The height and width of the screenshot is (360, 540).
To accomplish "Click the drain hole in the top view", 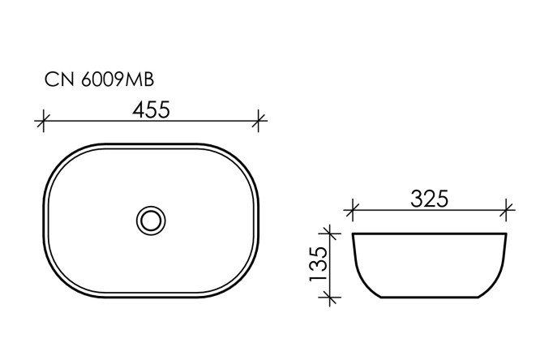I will point(150,219).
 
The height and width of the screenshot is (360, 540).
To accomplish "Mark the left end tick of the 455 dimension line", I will point(43,122).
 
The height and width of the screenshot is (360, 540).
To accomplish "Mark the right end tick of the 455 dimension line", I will point(259,122).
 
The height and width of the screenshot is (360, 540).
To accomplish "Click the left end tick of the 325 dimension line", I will point(351,211).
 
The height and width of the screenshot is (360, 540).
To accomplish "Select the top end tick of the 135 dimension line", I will point(330,234).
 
